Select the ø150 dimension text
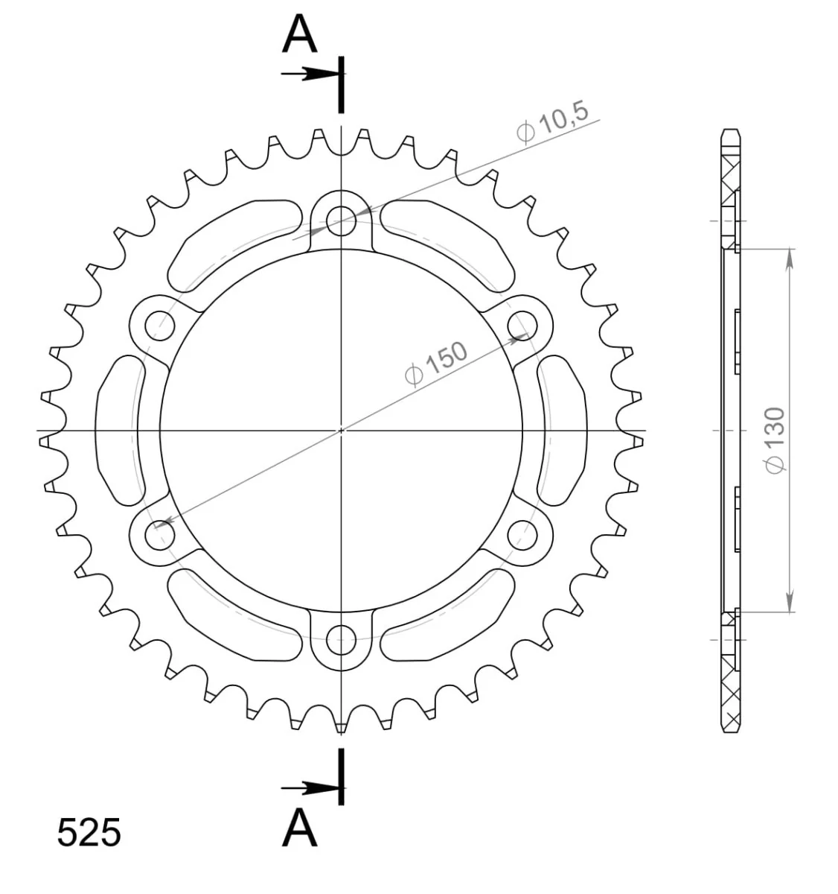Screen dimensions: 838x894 pos(435,364)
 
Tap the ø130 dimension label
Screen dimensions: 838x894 pos(775,440)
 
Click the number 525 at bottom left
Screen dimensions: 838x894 pos(89,832)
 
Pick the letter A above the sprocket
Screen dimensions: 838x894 pos(299,34)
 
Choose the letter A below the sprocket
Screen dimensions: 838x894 pos(299,826)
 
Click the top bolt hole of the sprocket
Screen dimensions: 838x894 pos(341,221)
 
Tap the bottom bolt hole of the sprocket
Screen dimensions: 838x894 pos(341,640)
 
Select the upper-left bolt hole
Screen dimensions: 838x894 pos(160,326)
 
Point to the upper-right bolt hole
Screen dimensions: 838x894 pos(522,326)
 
